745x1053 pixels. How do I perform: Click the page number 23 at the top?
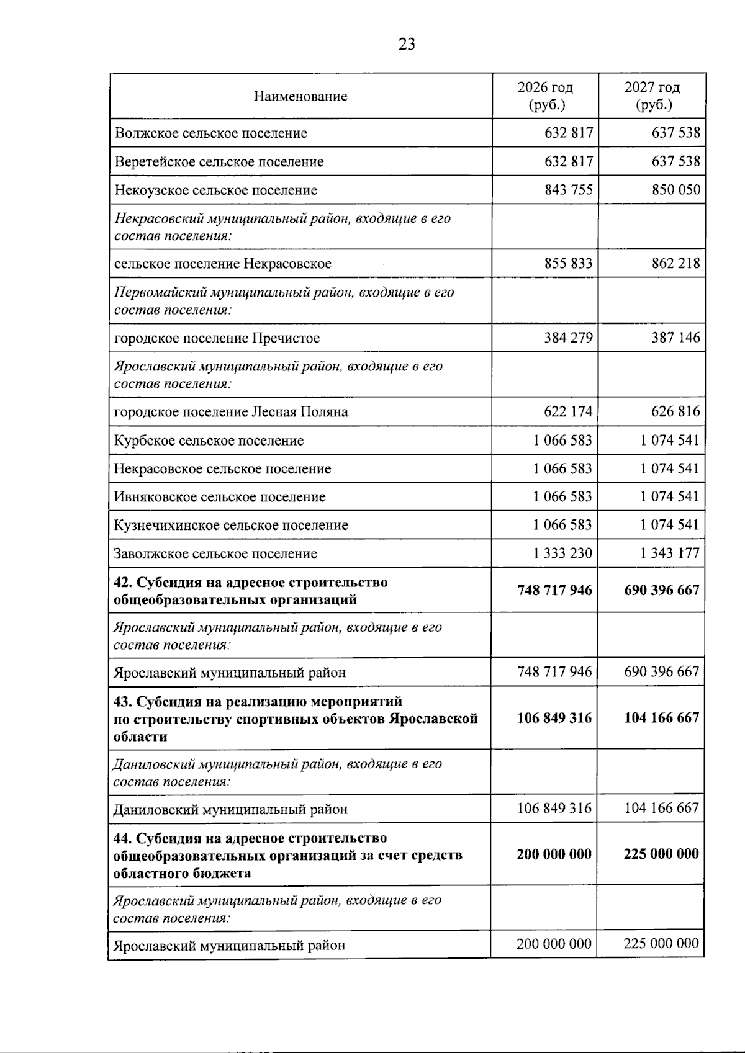[407, 44]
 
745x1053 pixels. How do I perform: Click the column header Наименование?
[300, 96]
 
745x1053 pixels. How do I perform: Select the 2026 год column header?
[546, 96]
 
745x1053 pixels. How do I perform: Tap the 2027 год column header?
[652, 96]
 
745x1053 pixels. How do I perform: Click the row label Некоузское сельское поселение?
[215, 190]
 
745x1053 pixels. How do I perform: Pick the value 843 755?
[568, 189]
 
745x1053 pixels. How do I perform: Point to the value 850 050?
[675, 189]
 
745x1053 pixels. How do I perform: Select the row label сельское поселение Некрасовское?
[222, 264]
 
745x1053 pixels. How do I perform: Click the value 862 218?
[675, 263]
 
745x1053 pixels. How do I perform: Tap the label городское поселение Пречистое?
[217, 338]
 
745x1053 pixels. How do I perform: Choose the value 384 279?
[568, 338]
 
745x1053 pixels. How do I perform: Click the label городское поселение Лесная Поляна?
[231, 412]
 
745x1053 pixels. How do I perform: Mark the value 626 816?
[675, 411]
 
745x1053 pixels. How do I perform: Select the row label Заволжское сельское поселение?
[215, 553]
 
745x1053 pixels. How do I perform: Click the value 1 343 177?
[670, 553]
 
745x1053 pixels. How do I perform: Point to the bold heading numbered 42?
[250, 591]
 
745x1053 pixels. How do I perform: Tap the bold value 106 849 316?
[554, 718]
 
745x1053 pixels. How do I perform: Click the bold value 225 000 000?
[661, 854]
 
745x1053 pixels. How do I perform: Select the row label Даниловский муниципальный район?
[230, 810]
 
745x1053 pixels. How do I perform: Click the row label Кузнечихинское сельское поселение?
[231, 526]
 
